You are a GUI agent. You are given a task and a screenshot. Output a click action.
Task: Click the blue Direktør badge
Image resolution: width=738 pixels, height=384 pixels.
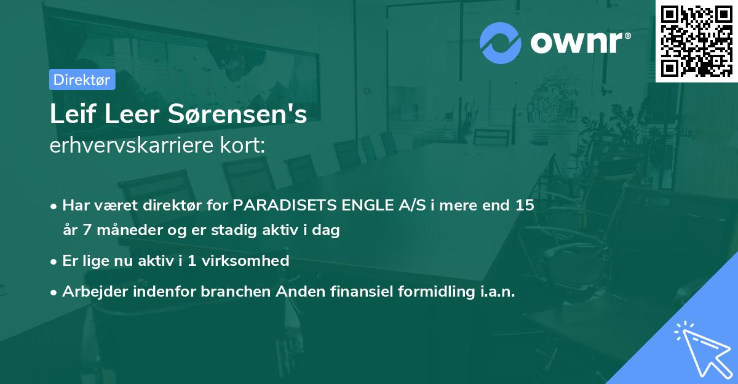tap(81, 79)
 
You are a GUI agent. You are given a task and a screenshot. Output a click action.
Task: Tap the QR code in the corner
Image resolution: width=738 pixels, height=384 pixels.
tap(696, 41)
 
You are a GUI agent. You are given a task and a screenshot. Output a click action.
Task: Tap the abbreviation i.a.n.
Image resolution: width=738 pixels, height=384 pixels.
tap(499, 291)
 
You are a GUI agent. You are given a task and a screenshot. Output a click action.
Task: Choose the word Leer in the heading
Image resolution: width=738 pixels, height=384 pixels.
tap(124, 115)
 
